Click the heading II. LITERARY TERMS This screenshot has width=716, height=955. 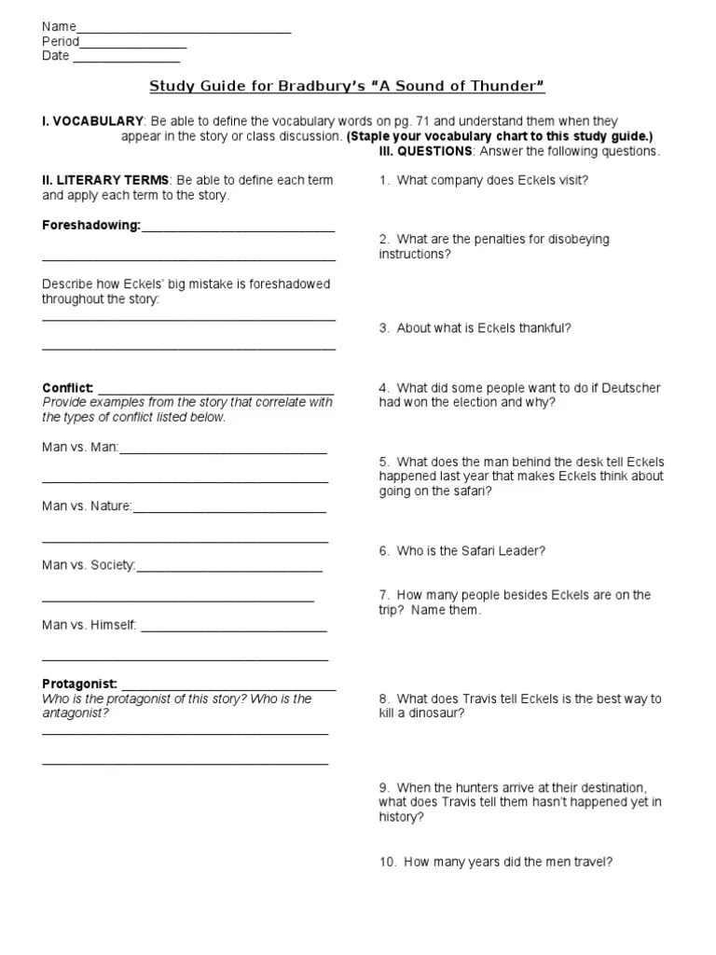(x=105, y=180)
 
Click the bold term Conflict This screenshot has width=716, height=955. (x=67, y=388)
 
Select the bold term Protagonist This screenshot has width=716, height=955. (x=79, y=684)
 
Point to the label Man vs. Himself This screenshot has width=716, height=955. (x=89, y=625)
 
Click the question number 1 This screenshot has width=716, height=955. (x=384, y=180)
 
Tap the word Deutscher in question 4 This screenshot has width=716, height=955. (x=634, y=388)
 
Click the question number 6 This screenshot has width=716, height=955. (x=384, y=551)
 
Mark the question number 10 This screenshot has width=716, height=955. (x=387, y=863)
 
